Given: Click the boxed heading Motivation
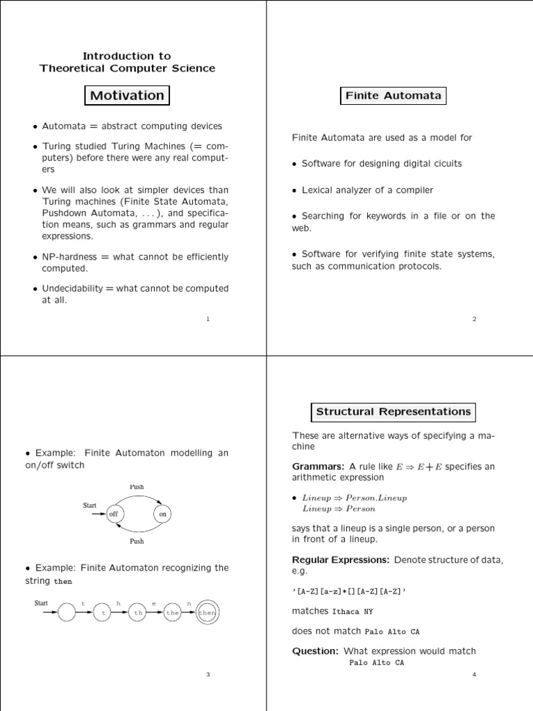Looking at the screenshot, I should [127, 96].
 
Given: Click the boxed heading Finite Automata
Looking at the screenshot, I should [393, 96].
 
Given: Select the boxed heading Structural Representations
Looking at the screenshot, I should [393, 412].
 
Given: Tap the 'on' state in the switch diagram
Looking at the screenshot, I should [163, 514].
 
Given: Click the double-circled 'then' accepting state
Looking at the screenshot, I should [208, 613].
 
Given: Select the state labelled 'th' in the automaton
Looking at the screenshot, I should [139, 613].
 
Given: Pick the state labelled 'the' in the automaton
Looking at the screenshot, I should [173, 613].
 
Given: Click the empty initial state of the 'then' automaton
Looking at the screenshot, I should [68, 613].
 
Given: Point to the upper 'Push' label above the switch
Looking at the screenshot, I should [137, 487].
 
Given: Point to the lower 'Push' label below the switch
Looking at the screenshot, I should [137, 541].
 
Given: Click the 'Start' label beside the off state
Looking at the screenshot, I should [90, 505].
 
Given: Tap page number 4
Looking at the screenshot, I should [474, 674].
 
